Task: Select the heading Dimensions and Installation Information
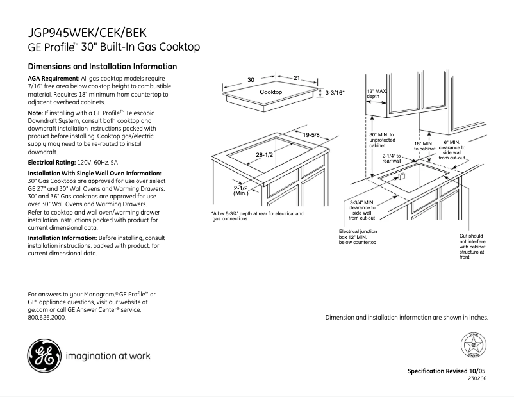[103, 67]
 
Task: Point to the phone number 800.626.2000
[47, 317]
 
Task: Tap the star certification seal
[474, 346]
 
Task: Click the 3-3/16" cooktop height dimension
[335, 93]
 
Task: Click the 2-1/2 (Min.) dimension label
[241, 190]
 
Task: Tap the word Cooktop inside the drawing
[270, 93]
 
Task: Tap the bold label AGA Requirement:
[54, 78]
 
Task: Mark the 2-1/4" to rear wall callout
[392, 158]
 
